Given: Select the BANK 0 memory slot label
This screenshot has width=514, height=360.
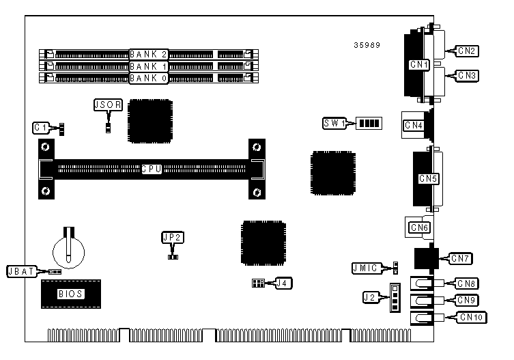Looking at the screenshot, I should (149, 78).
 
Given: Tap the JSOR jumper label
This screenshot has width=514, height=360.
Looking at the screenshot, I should (108, 105).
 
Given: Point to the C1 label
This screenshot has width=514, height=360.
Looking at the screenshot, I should (42, 127).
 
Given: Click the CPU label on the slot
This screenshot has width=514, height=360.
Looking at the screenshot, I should (151, 169).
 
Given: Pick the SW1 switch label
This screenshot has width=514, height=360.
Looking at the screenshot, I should (335, 124).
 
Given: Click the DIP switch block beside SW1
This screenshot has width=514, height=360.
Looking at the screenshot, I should (369, 124).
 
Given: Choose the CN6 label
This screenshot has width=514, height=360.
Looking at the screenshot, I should (418, 227).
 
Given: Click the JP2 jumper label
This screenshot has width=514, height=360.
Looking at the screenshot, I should (173, 237).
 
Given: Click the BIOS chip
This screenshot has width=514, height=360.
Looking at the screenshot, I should (70, 294).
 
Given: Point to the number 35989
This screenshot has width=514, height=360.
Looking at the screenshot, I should (367, 45).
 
